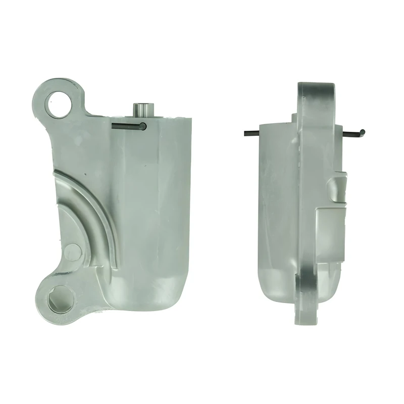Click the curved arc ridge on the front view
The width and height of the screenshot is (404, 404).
pos(96,207)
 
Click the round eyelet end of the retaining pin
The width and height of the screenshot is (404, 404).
pos(143,126)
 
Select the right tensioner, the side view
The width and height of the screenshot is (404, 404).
pos(303,202)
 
